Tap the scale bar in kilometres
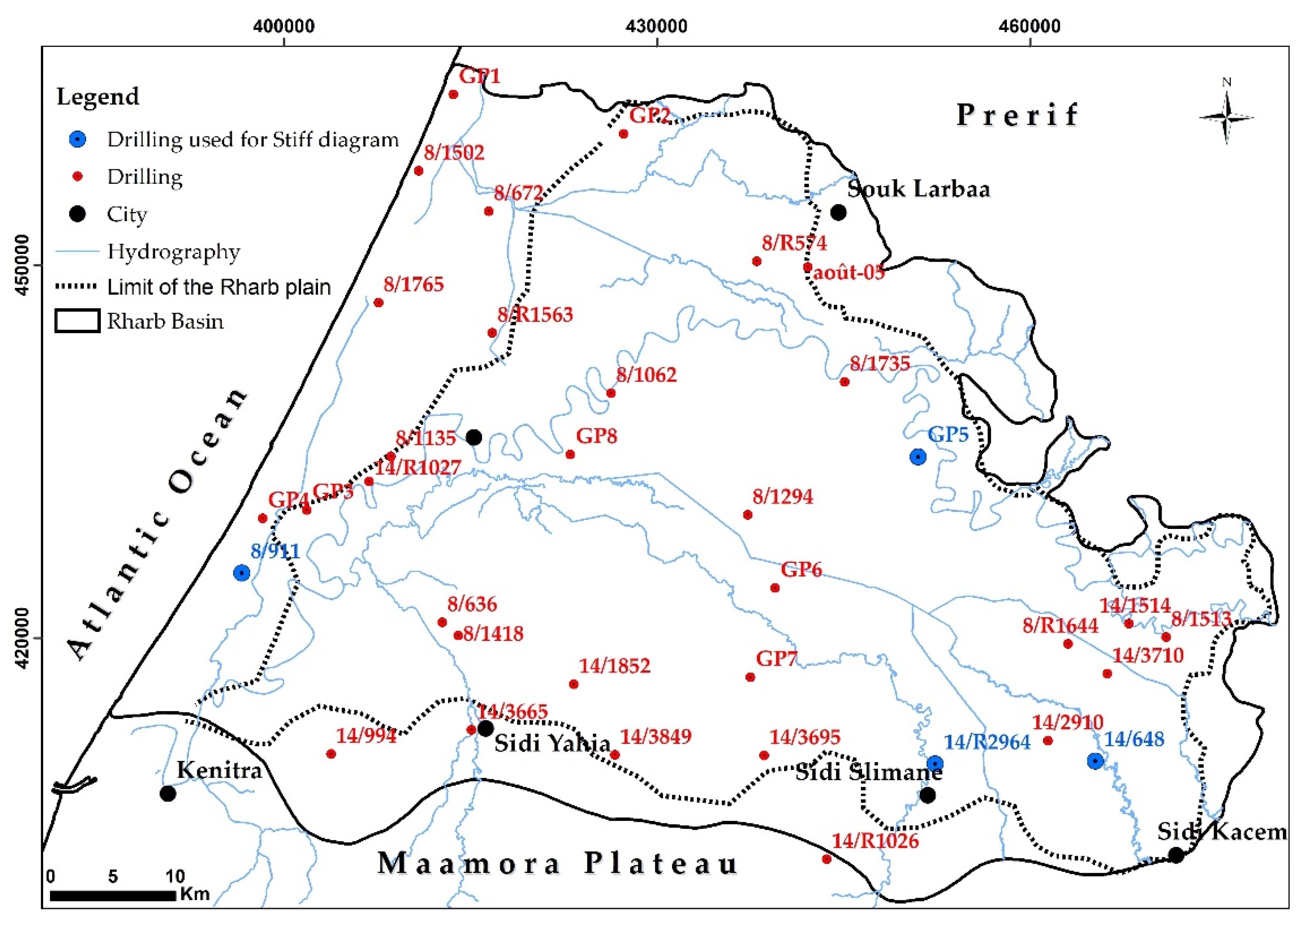(x=112, y=895)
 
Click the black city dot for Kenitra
(x=168, y=793)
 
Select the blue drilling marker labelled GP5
(x=918, y=457)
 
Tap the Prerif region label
(x=1017, y=115)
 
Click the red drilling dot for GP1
(x=453, y=94)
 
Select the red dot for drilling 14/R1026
(x=826, y=859)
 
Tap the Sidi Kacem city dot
(x=1176, y=855)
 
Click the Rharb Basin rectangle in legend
(x=77, y=321)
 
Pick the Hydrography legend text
(x=174, y=251)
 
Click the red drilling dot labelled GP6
(x=775, y=587)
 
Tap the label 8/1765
(x=413, y=284)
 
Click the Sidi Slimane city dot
(x=927, y=795)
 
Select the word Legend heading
(x=98, y=97)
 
